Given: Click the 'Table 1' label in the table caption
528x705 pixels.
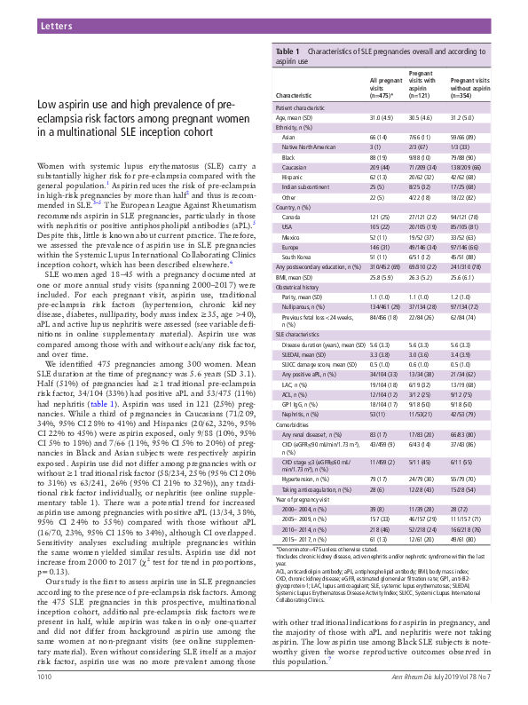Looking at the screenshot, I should (x=290, y=51).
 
